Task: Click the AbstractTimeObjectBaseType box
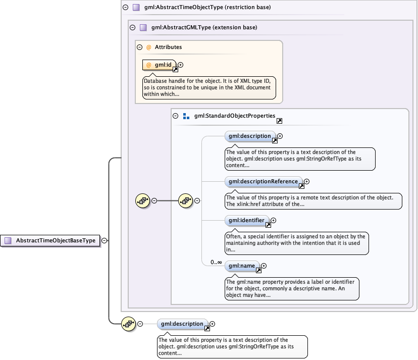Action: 50,241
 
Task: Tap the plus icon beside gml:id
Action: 181,65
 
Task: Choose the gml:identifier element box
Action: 246,220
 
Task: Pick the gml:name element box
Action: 242,266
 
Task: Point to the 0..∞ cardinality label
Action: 217,263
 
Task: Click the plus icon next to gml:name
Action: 264,266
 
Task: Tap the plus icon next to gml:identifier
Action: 274,220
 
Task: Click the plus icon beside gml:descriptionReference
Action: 306,182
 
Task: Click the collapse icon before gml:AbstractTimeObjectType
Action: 125,8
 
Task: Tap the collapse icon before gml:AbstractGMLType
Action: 132,28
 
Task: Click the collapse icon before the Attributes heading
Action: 139,47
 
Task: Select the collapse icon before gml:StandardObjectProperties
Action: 176,116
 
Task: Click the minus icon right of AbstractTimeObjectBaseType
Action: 104,241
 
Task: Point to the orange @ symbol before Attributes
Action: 148,47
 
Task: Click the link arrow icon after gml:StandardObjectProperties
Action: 279,121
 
